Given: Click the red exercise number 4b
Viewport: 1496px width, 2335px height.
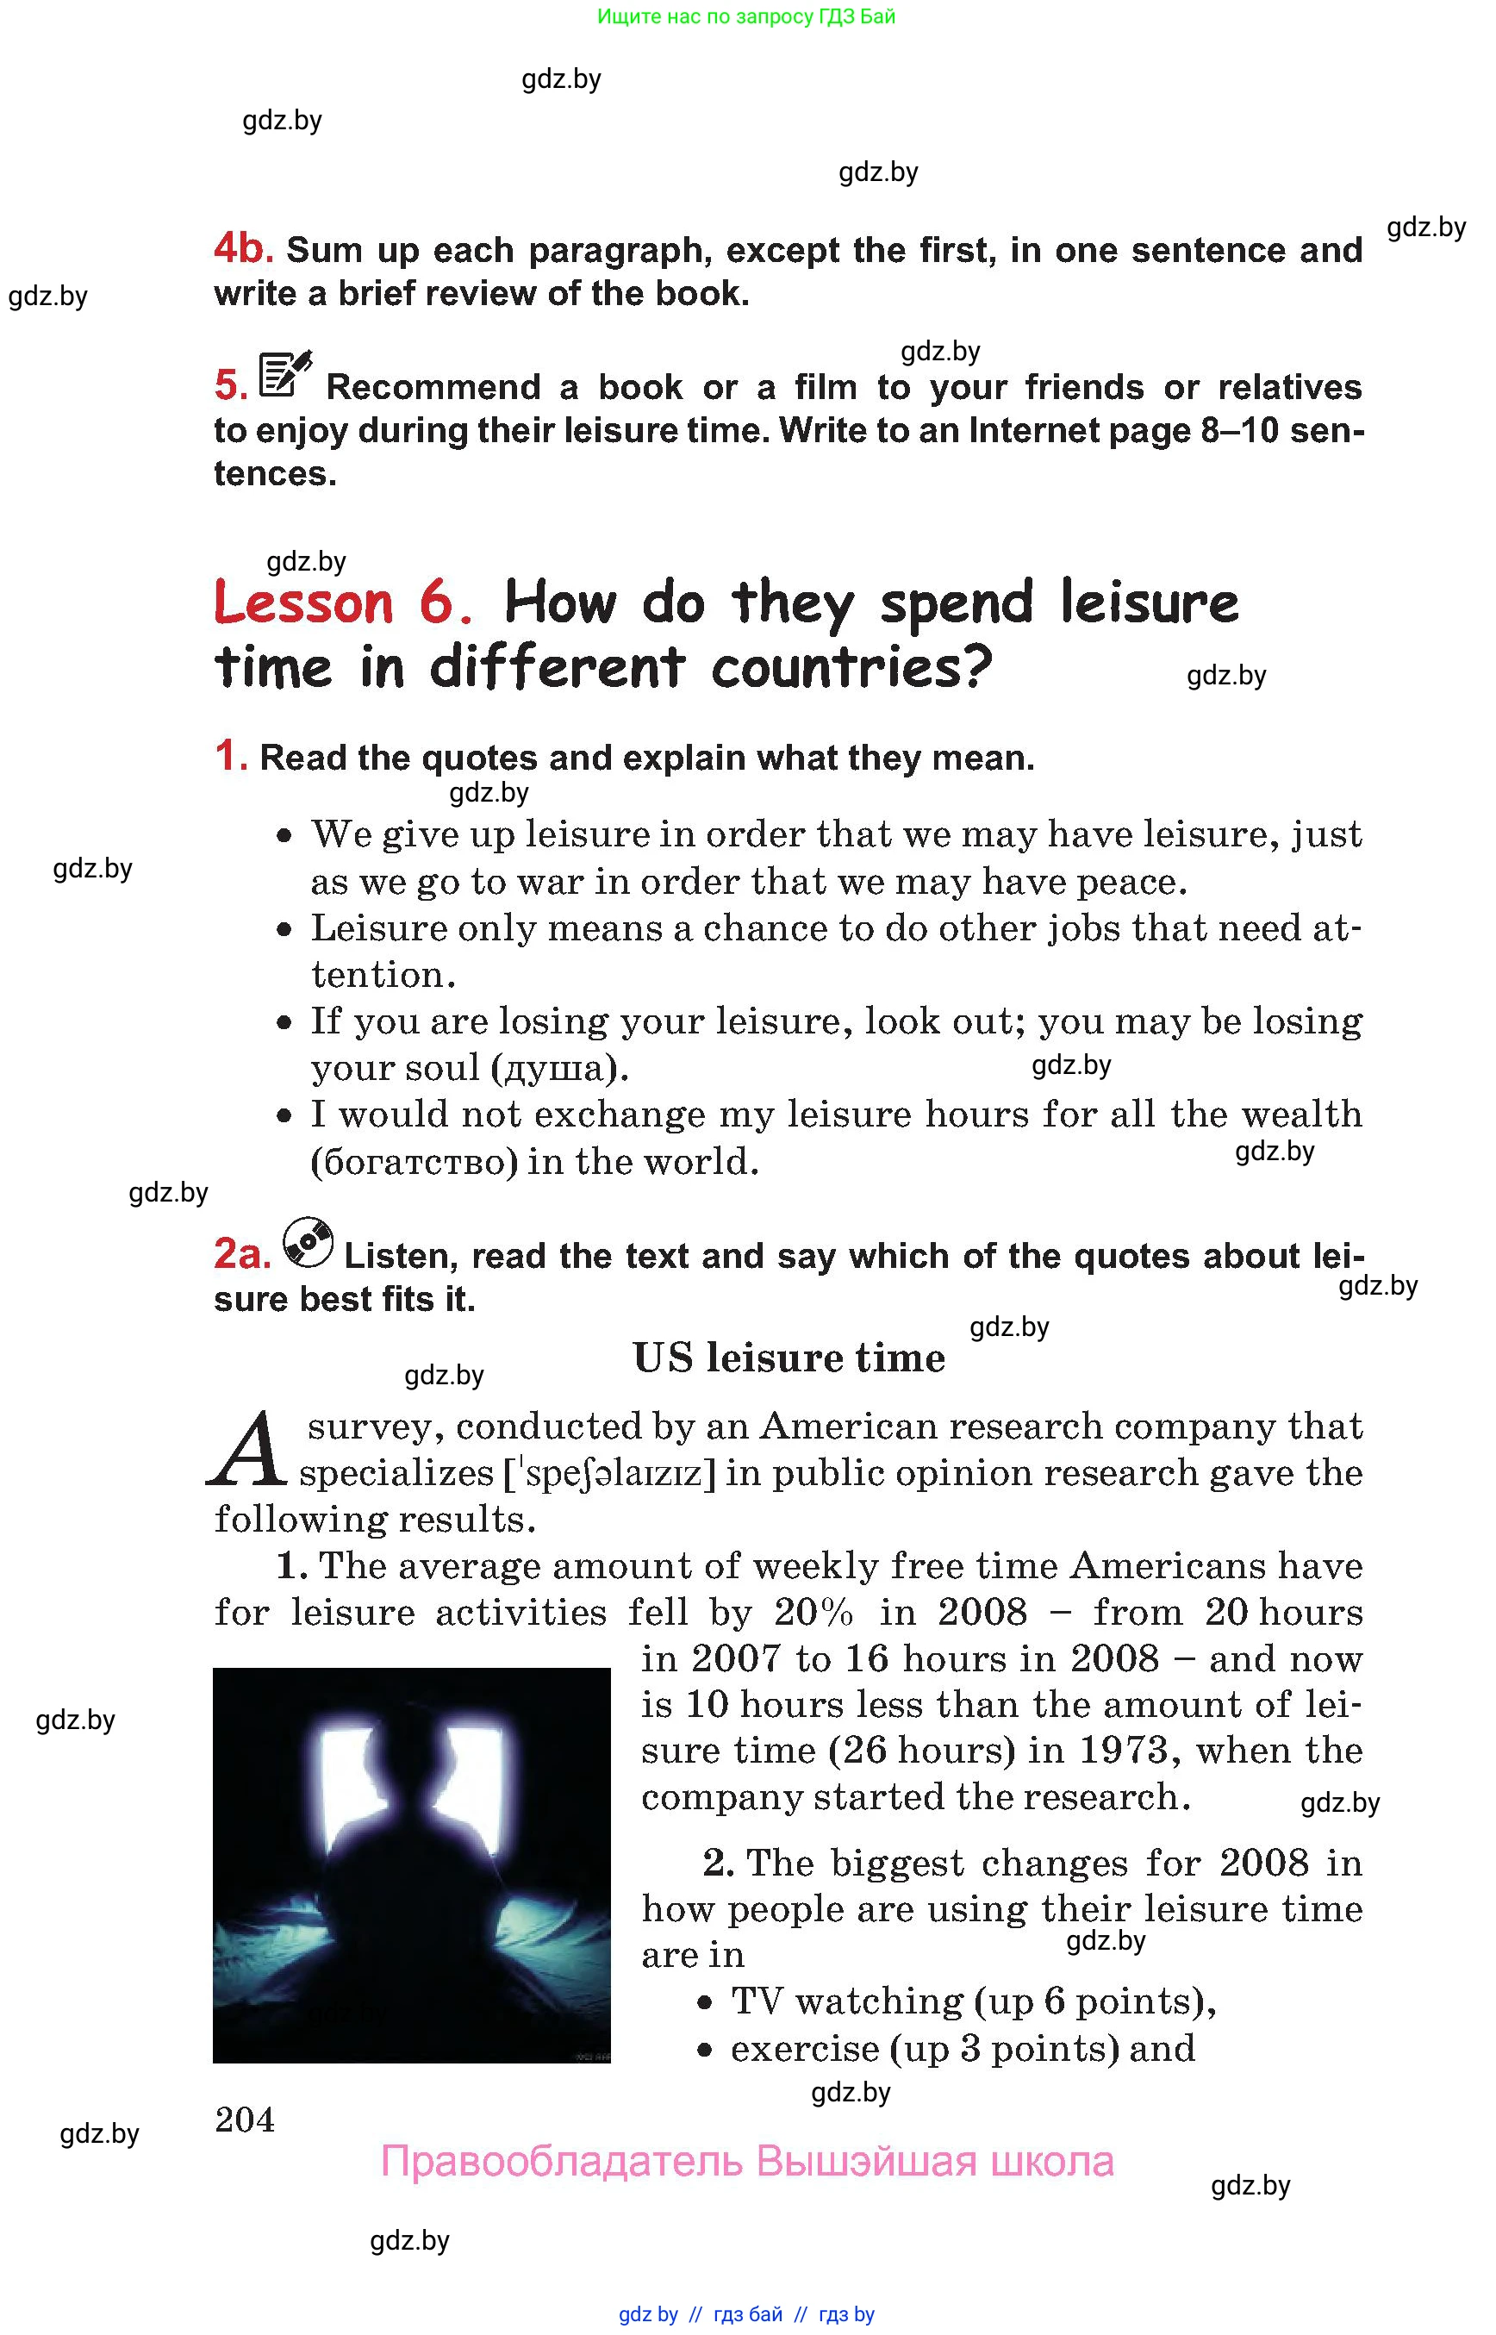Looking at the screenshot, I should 243,249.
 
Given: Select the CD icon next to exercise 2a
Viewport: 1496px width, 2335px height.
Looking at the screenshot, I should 308,1243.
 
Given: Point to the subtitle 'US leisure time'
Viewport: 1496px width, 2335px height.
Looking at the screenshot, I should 789,1358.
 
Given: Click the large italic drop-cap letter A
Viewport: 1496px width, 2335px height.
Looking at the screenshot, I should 247,1452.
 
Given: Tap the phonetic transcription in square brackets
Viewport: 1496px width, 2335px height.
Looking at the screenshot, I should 609,1474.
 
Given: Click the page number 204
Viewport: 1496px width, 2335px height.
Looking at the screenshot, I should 245,2119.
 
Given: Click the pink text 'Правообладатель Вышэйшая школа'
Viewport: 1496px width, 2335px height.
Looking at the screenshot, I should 746,2161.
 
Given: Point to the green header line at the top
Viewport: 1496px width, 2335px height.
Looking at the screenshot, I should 746,16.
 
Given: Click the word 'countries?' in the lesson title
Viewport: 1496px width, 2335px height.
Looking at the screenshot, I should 852,669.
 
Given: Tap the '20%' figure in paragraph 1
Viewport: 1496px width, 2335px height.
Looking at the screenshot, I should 813,1612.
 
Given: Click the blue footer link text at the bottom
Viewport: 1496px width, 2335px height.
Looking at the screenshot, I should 746,2313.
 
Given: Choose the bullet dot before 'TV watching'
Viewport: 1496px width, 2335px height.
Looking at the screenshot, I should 707,2002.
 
